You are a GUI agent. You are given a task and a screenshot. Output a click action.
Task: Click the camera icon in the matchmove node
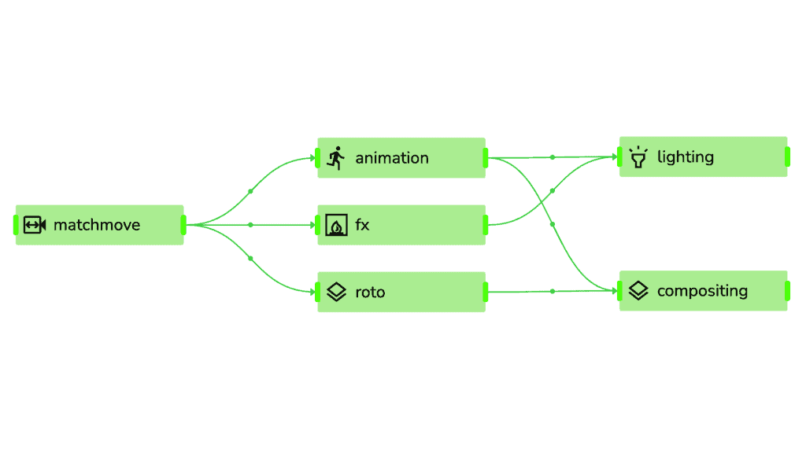coord(35,225)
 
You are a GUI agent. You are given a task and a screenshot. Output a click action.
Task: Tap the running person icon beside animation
coord(336,158)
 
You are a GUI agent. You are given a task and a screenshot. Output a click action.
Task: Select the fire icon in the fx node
coord(337,225)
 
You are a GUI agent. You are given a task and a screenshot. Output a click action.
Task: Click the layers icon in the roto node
coord(337,292)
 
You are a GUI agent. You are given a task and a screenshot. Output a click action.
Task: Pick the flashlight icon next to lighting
coord(638,157)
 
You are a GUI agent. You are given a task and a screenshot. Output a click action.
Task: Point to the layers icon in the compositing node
coord(638,291)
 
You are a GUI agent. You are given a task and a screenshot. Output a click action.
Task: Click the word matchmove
coord(97,225)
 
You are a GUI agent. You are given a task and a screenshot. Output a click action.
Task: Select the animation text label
coord(392,158)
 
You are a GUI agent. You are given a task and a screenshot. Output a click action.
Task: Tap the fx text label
coord(362,224)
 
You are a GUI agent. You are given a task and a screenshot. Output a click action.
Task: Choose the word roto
coord(370,293)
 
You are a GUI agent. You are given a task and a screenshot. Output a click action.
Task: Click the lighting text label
coord(686,157)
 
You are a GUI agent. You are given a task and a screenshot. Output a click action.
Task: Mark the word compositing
coord(702,291)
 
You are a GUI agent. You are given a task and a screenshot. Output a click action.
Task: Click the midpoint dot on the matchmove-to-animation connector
coord(250,192)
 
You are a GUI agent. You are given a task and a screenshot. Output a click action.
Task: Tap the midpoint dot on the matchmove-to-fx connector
coord(250,225)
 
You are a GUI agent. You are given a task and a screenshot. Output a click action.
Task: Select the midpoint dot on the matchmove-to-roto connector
coord(250,258)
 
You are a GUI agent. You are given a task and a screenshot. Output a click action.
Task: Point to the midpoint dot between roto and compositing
coord(553,291)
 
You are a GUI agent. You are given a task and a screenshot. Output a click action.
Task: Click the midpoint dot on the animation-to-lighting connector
coord(553,157)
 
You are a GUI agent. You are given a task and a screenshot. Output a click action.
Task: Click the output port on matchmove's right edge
coord(183,225)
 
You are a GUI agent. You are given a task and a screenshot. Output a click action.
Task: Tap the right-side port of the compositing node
coord(787,291)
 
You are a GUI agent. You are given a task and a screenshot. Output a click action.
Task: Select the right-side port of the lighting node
coord(787,157)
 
